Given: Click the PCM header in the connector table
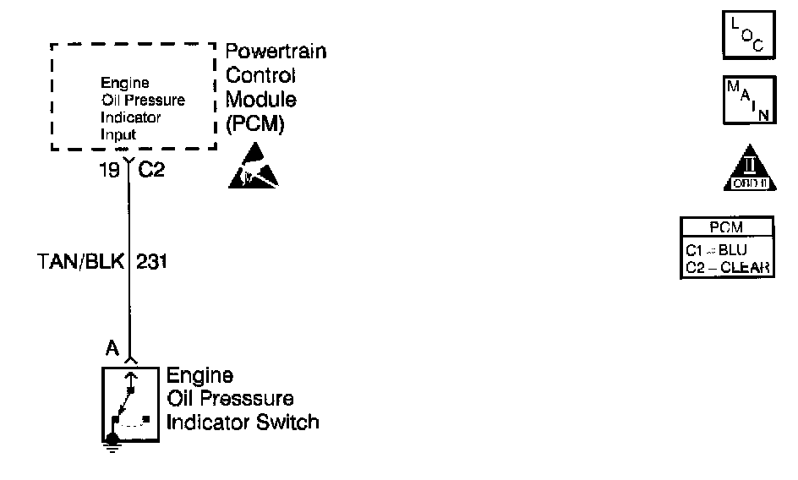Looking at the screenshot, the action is (x=726, y=227).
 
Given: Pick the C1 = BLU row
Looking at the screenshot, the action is (x=726, y=249).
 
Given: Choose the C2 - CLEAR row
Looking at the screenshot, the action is (x=726, y=267).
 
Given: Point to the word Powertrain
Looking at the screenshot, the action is (x=276, y=52).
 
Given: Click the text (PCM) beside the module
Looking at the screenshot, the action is (x=254, y=123).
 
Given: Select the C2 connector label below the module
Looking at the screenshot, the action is (x=151, y=170).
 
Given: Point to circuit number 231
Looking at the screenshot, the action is (x=151, y=262).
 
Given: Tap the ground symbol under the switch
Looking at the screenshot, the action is (x=112, y=439).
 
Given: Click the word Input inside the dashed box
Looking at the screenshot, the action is (x=118, y=134).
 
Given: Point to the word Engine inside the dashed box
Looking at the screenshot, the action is (x=124, y=83).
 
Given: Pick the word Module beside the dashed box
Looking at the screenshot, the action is (x=261, y=99).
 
